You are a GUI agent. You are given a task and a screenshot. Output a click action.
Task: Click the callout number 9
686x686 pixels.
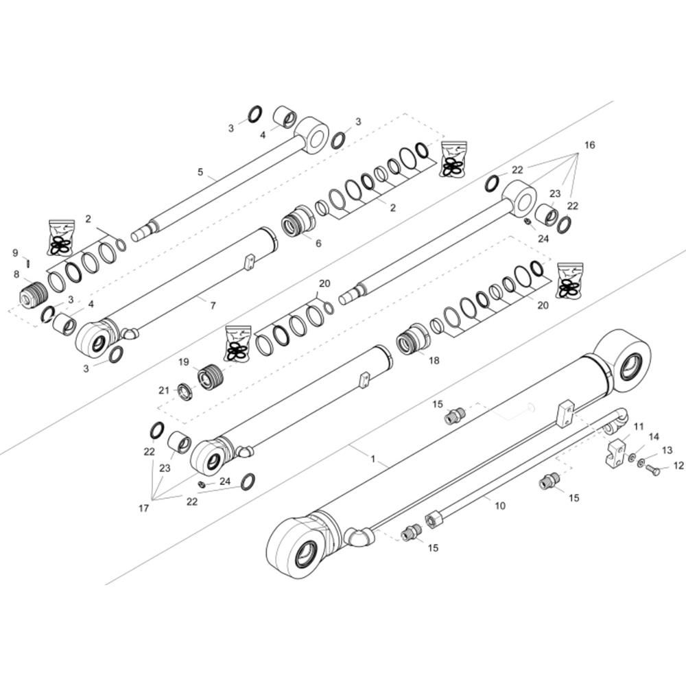(15, 252)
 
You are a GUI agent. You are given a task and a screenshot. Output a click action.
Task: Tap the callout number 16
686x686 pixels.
(590, 145)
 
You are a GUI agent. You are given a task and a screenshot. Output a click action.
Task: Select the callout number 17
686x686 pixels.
(143, 508)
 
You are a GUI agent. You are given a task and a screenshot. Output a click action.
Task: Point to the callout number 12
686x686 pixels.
(678, 466)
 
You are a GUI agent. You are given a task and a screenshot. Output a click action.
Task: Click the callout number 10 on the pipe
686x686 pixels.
(500, 506)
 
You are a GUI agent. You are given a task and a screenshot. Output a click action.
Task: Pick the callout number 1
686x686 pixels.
(372, 460)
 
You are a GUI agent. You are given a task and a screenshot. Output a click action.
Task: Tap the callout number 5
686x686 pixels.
(200, 172)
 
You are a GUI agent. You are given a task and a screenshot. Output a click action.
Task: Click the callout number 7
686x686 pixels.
(213, 305)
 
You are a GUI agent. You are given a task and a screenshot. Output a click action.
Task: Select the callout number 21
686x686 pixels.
(164, 390)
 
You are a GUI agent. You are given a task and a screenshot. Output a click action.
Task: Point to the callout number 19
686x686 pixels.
(183, 362)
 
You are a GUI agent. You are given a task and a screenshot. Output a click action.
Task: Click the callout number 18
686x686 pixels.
(434, 361)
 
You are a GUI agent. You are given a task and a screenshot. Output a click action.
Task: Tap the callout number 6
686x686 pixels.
(318, 243)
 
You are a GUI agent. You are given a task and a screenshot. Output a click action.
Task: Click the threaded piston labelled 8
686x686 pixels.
(32, 294)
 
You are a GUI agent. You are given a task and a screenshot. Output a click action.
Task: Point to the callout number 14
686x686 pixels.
(654, 436)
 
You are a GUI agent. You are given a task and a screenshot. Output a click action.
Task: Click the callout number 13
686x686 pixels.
(667, 450)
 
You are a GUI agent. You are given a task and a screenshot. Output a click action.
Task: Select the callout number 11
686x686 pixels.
(639, 426)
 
